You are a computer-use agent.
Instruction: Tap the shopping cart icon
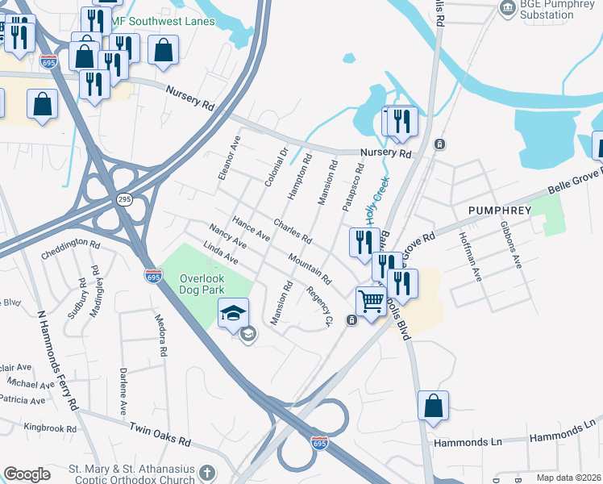click(x=371, y=302)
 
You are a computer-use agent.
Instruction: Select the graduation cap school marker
click(x=233, y=312)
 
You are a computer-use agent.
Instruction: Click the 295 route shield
click(x=123, y=198)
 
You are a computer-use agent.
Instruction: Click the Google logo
click(x=27, y=474)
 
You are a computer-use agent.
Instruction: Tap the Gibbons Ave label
click(x=511, y=244)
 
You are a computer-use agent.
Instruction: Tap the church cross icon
click(x=207, y=472)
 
